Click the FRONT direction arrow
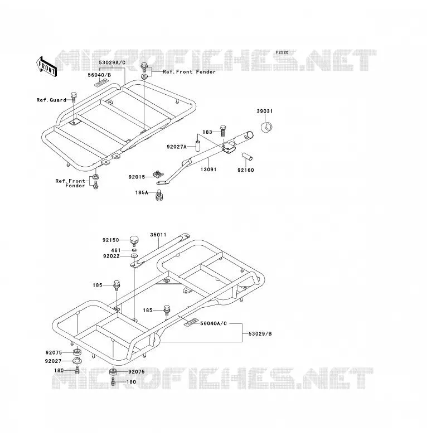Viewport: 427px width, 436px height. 46,67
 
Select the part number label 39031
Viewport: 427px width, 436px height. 265,111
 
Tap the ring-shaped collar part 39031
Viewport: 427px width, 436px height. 266,127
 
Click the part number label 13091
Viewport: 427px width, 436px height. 208,169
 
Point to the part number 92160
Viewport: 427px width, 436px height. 246,170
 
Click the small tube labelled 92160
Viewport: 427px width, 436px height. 247,157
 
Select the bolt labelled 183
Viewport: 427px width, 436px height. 222,130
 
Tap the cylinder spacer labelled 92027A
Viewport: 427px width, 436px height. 198,146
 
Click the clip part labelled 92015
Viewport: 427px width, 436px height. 158,175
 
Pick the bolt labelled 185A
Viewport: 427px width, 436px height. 159,195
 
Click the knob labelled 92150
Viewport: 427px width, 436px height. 134,240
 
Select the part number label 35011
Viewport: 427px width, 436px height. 158,235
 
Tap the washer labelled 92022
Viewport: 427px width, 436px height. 134,255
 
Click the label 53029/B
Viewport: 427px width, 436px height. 260,333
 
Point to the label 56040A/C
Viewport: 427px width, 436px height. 213,323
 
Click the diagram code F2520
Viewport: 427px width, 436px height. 282,52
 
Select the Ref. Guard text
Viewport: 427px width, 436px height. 51,100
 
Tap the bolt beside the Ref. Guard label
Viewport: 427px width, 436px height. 74,98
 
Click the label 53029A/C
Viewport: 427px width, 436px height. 112,62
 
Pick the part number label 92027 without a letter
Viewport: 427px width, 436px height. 53,361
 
